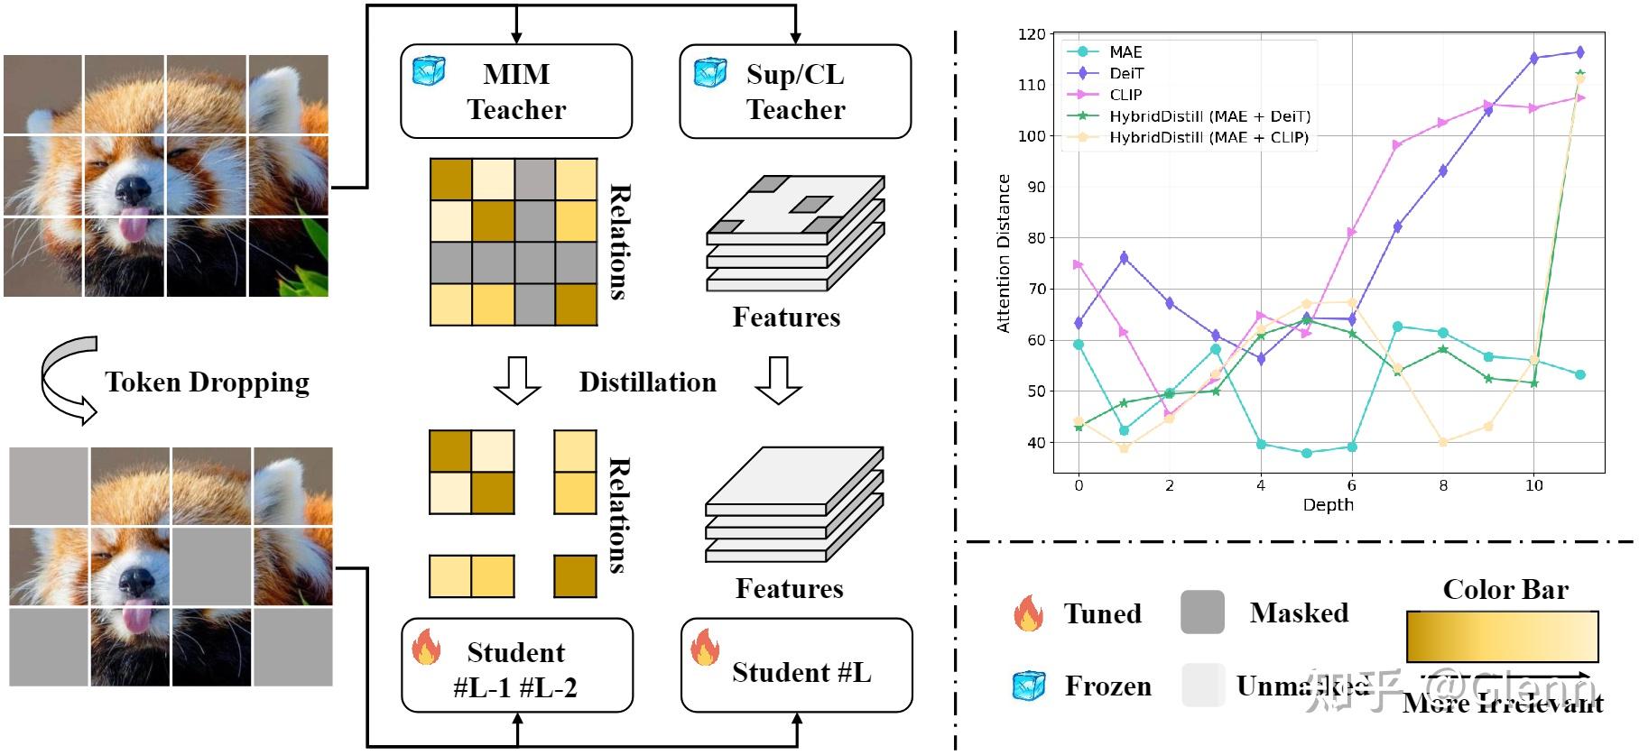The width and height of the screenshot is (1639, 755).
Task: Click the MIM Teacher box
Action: coord(515,91)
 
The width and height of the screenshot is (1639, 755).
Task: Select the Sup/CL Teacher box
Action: coord(794,91)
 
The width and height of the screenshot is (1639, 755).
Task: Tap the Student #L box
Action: coord(797,665)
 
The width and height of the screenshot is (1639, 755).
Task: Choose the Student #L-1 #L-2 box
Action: coord(516,665)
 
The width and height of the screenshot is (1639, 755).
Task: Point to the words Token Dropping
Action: coord(207,382)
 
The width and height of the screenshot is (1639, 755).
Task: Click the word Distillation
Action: coord(647,382)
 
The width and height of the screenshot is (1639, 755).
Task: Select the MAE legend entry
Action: coord(1125,52)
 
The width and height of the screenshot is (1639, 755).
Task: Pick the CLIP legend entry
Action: coord(1125,95)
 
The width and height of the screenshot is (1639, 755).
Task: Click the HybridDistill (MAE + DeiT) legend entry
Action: coord(1209,116)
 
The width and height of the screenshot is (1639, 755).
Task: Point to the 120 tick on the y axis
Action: coord(1031,34)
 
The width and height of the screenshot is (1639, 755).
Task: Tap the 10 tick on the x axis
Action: coord(1533,485)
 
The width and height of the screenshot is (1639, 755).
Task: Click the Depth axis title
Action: coord(1328,505)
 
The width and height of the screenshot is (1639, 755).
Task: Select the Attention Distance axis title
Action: coord(1004,253)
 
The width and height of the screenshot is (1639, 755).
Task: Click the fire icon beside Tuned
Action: coord(1028,612)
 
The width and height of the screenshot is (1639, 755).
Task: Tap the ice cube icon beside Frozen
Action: coord(1028,686)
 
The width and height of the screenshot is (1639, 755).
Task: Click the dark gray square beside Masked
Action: coord(1202,612)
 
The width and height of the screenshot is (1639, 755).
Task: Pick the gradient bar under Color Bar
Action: coord(1502,636)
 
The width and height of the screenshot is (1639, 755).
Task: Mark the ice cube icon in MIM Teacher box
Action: coord(428,70)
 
